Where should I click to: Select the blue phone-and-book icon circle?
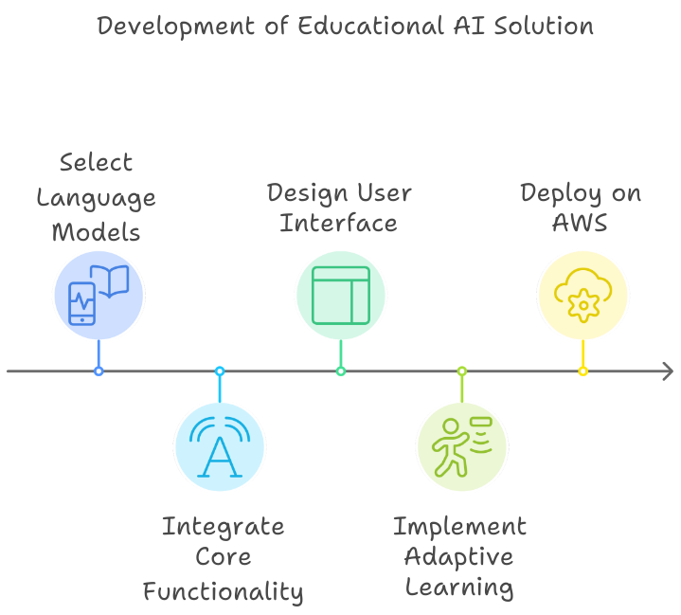click(99, 295)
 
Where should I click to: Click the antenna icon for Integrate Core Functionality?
click(220, 446)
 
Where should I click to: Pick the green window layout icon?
click(341, 295)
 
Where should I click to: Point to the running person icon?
click(462, 446)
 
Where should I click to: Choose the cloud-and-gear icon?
click(582, 295)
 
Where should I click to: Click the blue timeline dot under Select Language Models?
click(99, 371)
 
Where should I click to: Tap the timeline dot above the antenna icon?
click(220, 371)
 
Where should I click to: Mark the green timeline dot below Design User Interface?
click(341, 371)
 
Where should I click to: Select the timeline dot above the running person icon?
click(462, 371)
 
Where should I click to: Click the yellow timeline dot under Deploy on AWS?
click(582, 371)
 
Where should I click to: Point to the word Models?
click(96, 233)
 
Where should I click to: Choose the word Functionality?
click(223, 593)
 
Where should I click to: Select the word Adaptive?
click(459, 557)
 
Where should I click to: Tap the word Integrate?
click(223, 527)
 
